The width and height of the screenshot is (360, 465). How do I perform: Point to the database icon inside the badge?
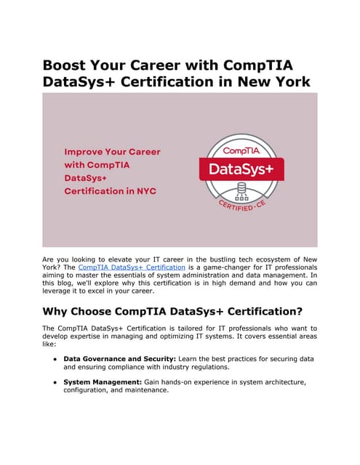click(x=241, y=193)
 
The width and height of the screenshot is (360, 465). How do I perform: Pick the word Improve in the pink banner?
click(x=84, y=153)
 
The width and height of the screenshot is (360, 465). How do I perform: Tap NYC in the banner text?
click(x=145, y=192)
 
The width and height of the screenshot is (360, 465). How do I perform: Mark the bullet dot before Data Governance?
click(x=54, y=359)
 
